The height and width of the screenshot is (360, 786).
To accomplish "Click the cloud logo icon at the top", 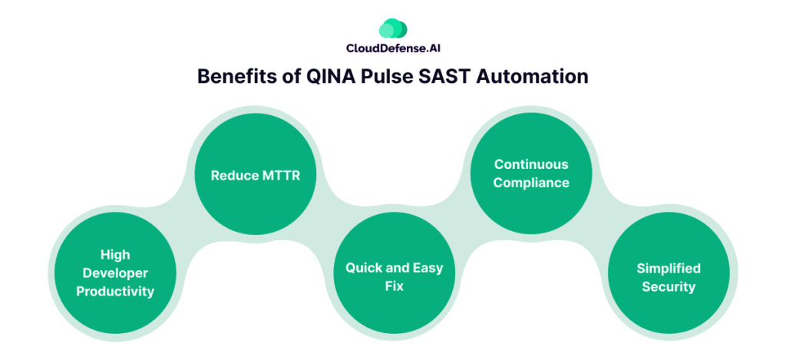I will click(x=392, y=29).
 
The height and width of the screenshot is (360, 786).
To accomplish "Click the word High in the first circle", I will click(x=115, y=255).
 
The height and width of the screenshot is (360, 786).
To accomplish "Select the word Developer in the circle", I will click(x=115, y=273).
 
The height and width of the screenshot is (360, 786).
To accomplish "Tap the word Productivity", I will click(x=115, y=292).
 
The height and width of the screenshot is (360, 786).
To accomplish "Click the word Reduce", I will click(x=234, y=176).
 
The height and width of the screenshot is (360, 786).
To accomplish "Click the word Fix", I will click(x=395, y=286).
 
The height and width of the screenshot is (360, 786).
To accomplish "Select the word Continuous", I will click(x=531, y=164).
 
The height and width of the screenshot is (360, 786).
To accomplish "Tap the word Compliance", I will click(x=531, y=183).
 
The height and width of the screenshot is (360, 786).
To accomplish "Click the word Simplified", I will click(x=668, y=269).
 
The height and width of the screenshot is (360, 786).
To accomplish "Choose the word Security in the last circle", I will click(x=668, y=287).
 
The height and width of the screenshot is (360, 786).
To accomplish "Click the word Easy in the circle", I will click(x=428, y=269).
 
